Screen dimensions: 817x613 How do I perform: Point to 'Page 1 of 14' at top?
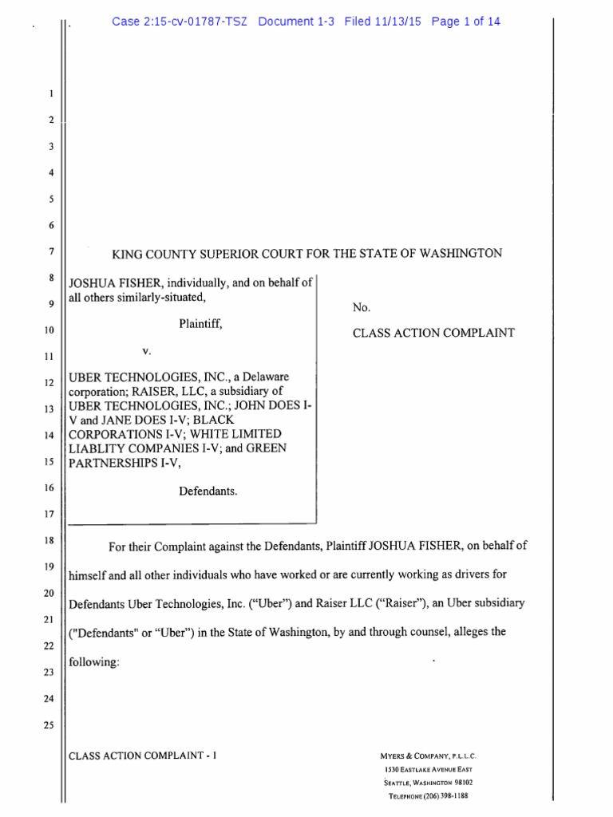465,22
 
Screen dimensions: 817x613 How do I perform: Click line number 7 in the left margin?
50,252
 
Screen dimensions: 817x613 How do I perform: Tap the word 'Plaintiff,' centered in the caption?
200,325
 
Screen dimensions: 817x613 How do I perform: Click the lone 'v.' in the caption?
147,350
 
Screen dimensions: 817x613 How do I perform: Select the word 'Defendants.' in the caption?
208,491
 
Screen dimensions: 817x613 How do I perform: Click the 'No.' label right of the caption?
361,307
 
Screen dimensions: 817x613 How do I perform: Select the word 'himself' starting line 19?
90,574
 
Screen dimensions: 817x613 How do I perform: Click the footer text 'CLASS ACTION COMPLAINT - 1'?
144,755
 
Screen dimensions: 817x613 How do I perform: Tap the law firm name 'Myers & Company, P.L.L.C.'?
430,756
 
